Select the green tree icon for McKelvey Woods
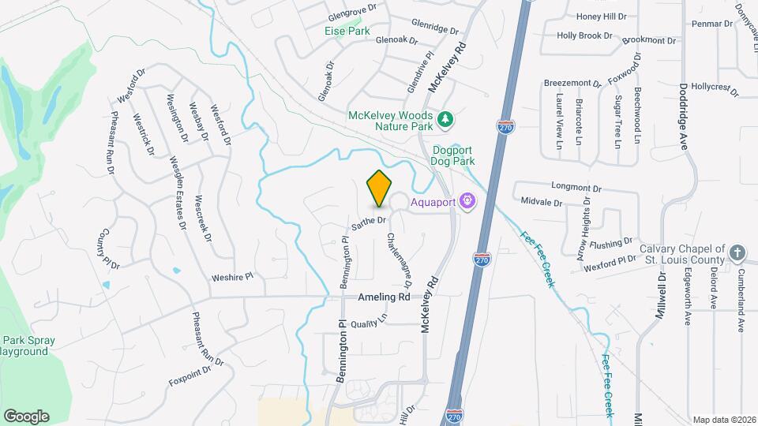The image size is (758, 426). (x=446, y=119)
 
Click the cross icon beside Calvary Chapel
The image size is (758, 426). (x=737, y=253)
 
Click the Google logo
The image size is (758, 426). (x=26, y=416)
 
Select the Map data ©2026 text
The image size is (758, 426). (x=723, y=420)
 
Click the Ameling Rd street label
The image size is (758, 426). (x=384, y=297)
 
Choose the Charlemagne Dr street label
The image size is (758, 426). (x=401, y=261)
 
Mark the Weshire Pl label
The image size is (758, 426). (x=232, y=278)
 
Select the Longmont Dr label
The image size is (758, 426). (x=576, y=189)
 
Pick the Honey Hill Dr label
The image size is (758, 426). (x=601, y=16)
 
